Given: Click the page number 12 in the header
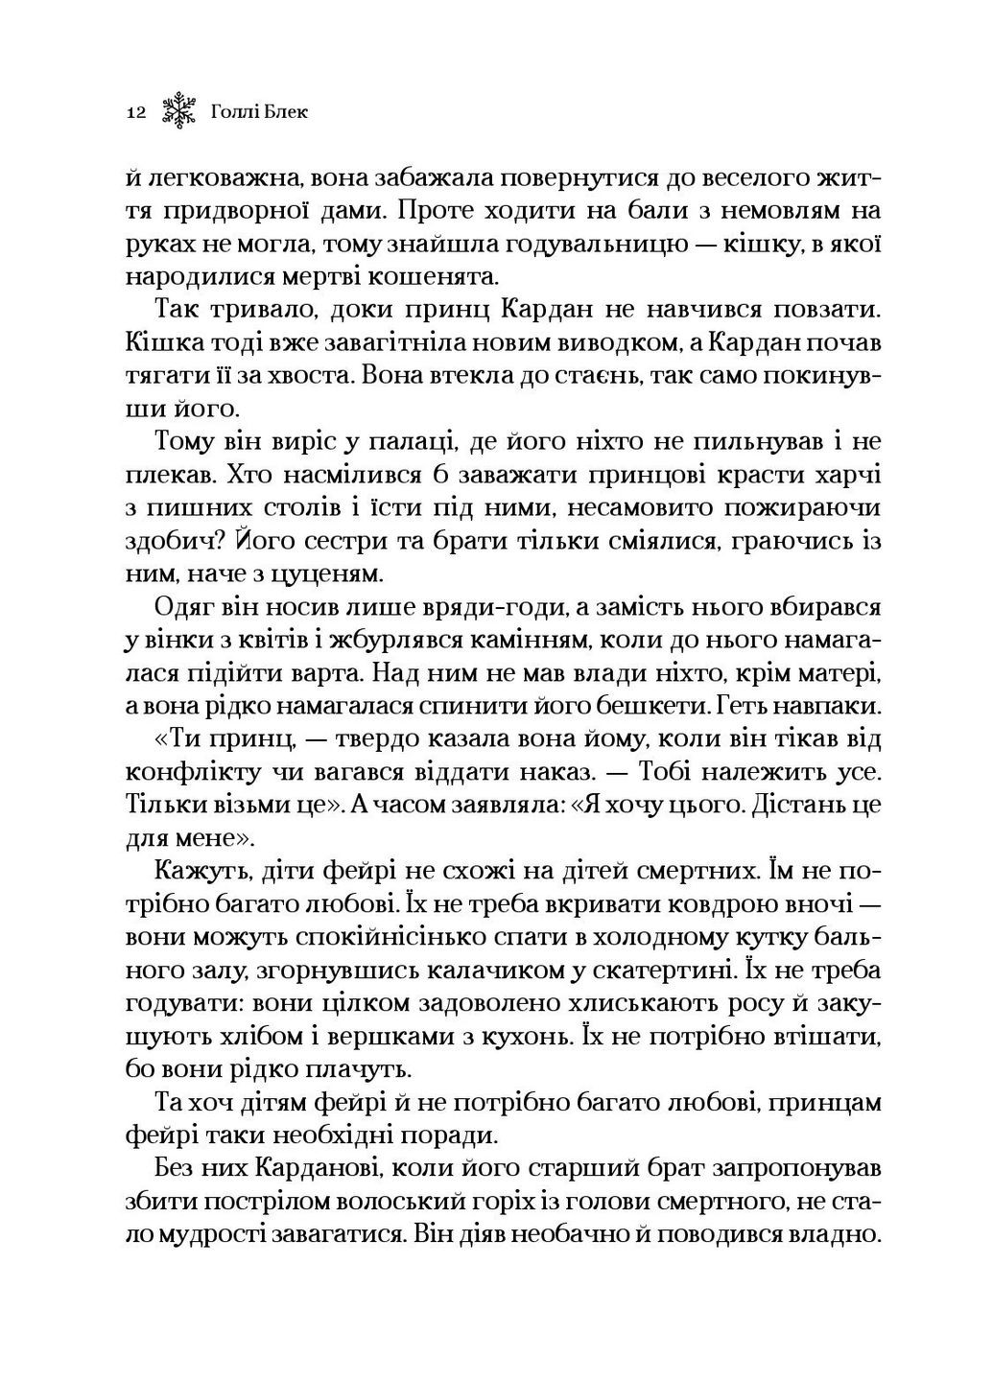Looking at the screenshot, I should coord(134,113).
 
